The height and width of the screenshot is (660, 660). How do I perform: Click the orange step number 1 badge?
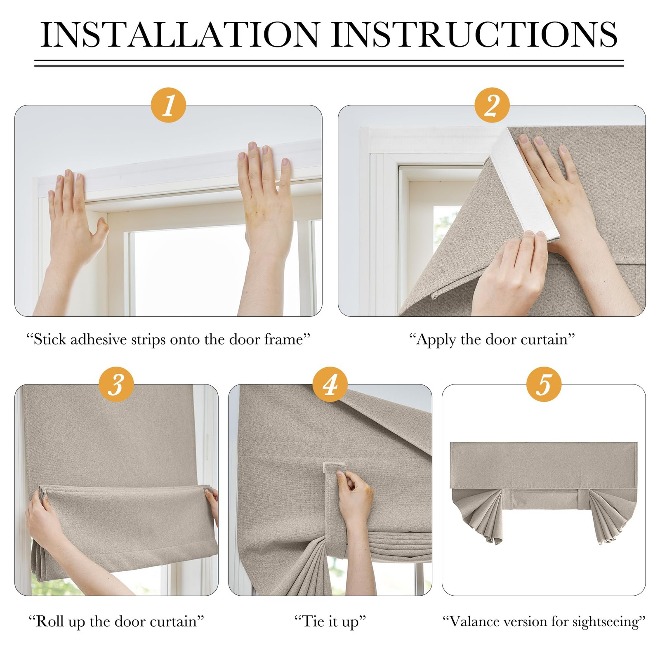(168, 105)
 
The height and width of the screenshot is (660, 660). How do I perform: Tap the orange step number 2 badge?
(492, 105)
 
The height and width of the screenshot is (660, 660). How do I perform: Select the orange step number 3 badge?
(116, 384)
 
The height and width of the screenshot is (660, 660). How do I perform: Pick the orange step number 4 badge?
(330, 384)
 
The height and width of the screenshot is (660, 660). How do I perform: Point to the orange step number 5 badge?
(544, 384)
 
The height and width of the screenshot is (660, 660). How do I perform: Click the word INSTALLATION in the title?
(181, 34)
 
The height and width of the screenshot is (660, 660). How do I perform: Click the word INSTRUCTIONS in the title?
(474, 34)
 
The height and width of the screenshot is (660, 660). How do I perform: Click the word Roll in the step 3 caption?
(49, 621)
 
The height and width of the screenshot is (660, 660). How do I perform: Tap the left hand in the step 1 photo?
(77, 223)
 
